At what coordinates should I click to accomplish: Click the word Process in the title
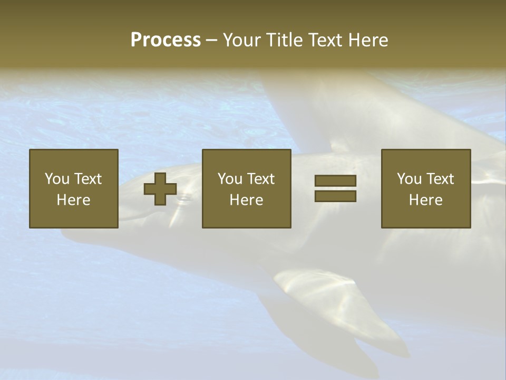coord(166,40)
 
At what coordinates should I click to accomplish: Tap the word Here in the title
coord(367,40)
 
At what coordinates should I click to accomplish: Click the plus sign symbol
coord(160,188)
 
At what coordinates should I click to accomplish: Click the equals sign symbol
coord(335,188)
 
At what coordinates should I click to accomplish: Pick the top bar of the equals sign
coord(335,181)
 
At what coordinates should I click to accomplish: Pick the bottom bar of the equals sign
coord(335,196)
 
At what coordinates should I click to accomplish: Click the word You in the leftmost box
coord(57,179)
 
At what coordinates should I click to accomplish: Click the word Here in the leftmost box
coord(74,200)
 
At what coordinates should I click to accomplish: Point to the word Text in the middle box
coord(260,179)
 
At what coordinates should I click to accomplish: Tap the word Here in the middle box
coord(247,200)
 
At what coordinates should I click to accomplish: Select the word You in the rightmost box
coord(410,179)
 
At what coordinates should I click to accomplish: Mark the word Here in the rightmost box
coord(426,200)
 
